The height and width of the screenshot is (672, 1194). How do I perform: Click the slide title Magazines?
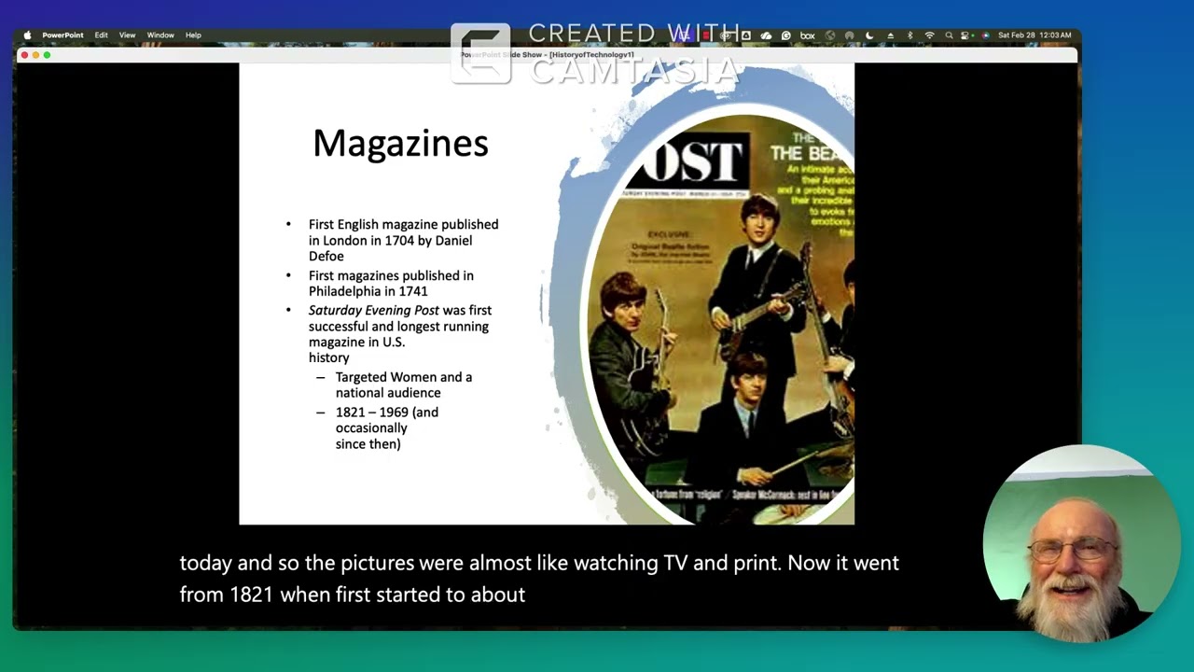pyautogui.click(x=400, y=144)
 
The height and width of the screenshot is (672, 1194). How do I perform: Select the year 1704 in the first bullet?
pyautogui.click(x=399, y=241)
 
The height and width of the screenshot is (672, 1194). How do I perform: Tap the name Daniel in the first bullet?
pyautogui.click(x=453, y=241)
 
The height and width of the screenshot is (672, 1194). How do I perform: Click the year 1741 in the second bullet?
pyautogui.click(x=412, y=291)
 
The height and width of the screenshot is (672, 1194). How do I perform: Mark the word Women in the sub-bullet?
pyautogui.click(x=412, y=377)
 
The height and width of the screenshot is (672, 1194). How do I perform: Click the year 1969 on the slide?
pyautogui.click(x=396, y=412)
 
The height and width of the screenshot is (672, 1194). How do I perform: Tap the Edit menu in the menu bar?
pyautogui.click(x=101, y=35)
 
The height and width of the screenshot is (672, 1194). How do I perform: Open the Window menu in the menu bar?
pyautogui.click(x=160, y=35)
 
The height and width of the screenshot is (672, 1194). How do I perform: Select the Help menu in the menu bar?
pyautogui.click(x=193, y=35)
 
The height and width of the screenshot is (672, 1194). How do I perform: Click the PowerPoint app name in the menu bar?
pyautogui.click(x=62, y=35)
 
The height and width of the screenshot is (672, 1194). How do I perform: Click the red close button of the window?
pyautogui.click(x=24, y=55)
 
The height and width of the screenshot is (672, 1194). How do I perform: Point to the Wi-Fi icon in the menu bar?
pyautogui.click(x=929, y=35)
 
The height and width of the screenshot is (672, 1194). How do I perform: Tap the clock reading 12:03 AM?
pyautogui.click(x=1055, y=35)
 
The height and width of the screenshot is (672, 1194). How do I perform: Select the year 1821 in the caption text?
pyautogui.click(x=252, y=595)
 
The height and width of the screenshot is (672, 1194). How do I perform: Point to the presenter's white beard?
pyautogui.click(x=1072, y=607)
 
